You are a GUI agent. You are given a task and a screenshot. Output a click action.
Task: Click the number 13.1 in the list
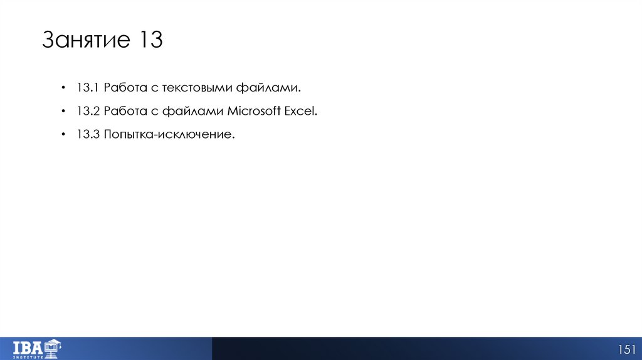click(88, 87)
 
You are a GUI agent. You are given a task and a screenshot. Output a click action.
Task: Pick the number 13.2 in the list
click(88, 111)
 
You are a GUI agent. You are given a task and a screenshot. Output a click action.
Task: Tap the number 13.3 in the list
click(88, 135)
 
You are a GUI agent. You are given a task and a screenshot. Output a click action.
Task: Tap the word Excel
click(302, 111)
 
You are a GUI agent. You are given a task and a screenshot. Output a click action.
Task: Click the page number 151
click(627, 349)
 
